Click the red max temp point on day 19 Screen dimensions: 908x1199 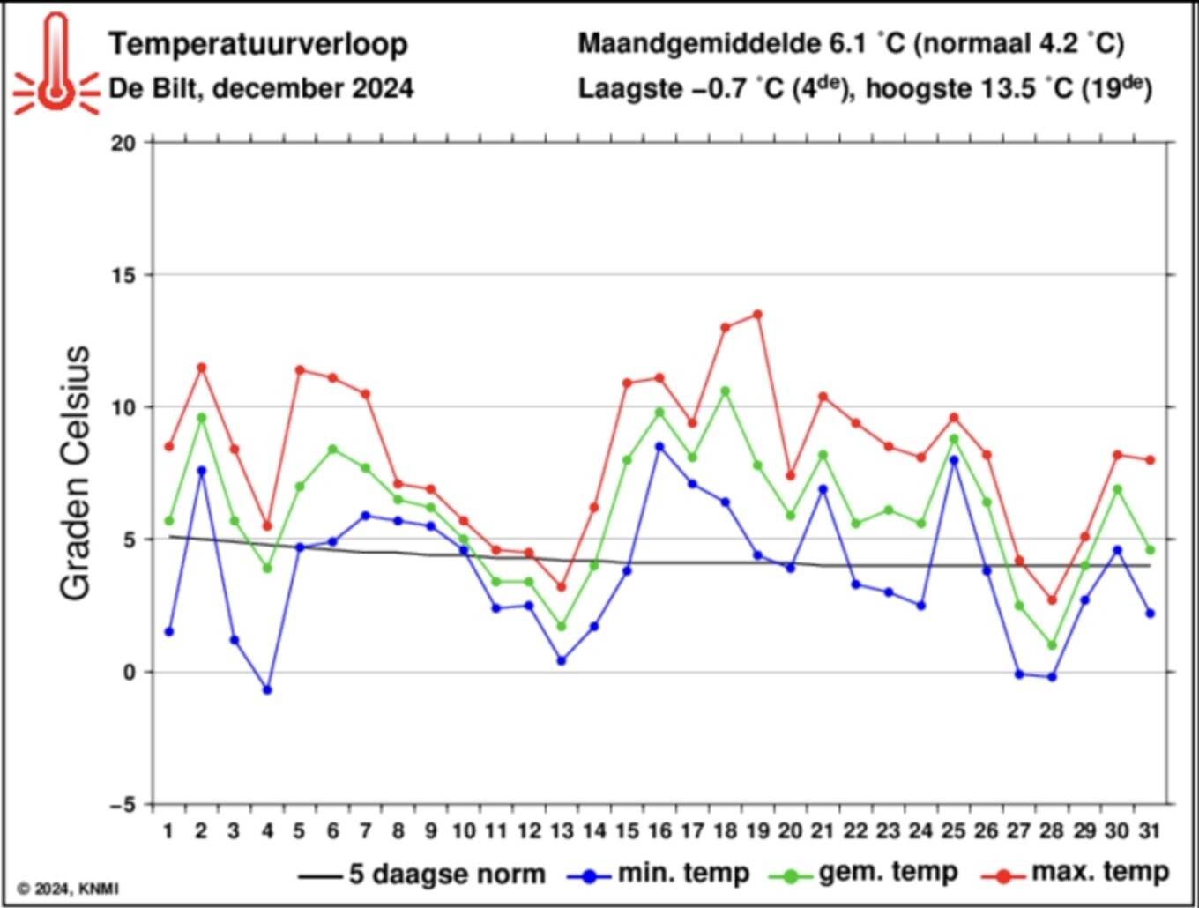757,315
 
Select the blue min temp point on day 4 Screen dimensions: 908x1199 267,689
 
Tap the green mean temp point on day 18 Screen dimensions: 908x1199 725,391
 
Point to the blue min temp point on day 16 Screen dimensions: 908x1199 659,446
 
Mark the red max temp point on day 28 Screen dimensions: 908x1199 1052,599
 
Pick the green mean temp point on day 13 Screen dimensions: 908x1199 562,626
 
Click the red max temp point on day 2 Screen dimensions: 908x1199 202,368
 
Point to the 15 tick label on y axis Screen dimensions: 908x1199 123,276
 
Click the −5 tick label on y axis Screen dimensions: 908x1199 123,805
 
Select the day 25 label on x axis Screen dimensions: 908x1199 953,830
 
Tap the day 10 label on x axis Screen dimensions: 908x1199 463,830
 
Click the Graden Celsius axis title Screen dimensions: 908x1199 76,473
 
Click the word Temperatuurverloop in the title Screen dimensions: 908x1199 258,44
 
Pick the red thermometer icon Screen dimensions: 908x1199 56,64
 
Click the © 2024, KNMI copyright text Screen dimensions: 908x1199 68,889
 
